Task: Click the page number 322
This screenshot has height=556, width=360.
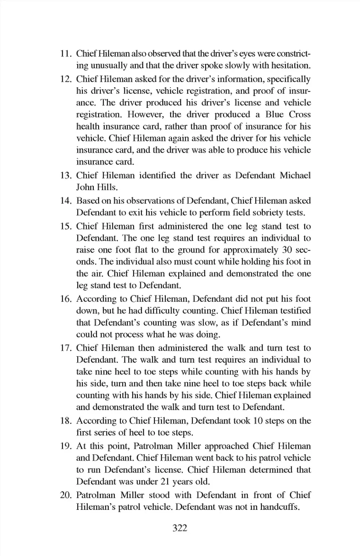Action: click(x=180, y=528)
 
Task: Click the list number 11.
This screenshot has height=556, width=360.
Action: click(x=66, y=54)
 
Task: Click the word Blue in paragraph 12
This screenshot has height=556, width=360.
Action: click(x=275, y=115)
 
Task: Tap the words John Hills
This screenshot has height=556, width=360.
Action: click(x=97, y=187)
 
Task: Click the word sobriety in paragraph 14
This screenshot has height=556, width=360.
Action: click(x=267, y=213)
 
